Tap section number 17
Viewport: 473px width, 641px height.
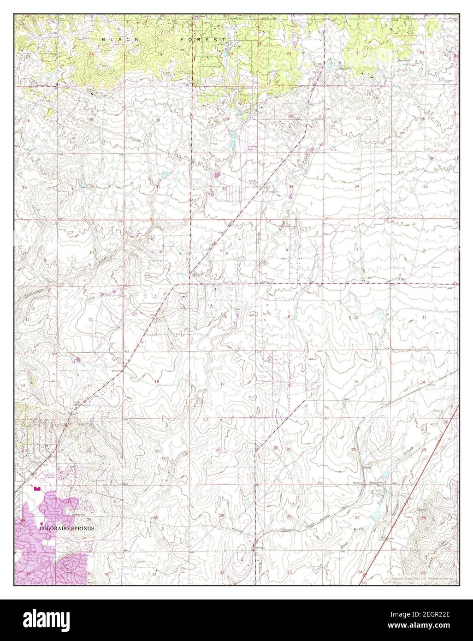pyautogui.click(x=222, y=384)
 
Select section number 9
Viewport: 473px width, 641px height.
pyautogui.click(x=289, y=316)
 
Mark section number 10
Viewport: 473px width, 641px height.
pyautogui.click(x=356, y=318)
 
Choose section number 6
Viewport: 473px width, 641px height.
pyautogui.click(x=160, y=251)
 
